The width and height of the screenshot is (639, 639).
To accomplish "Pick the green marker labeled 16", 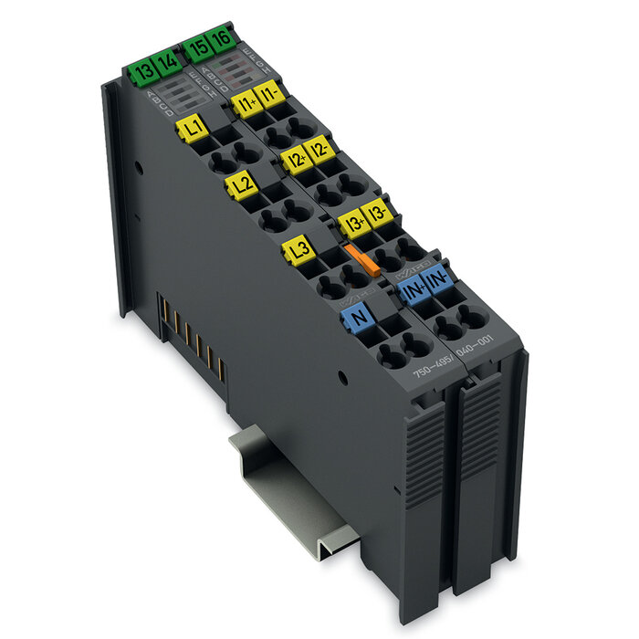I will click(222, 41).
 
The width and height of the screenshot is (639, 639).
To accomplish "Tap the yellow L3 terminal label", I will click(298, 247).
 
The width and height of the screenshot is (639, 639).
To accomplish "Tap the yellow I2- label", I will click(319, 148).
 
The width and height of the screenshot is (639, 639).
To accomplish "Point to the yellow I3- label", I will click(378, 214).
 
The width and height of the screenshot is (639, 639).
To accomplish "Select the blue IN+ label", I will click(412, 292).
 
